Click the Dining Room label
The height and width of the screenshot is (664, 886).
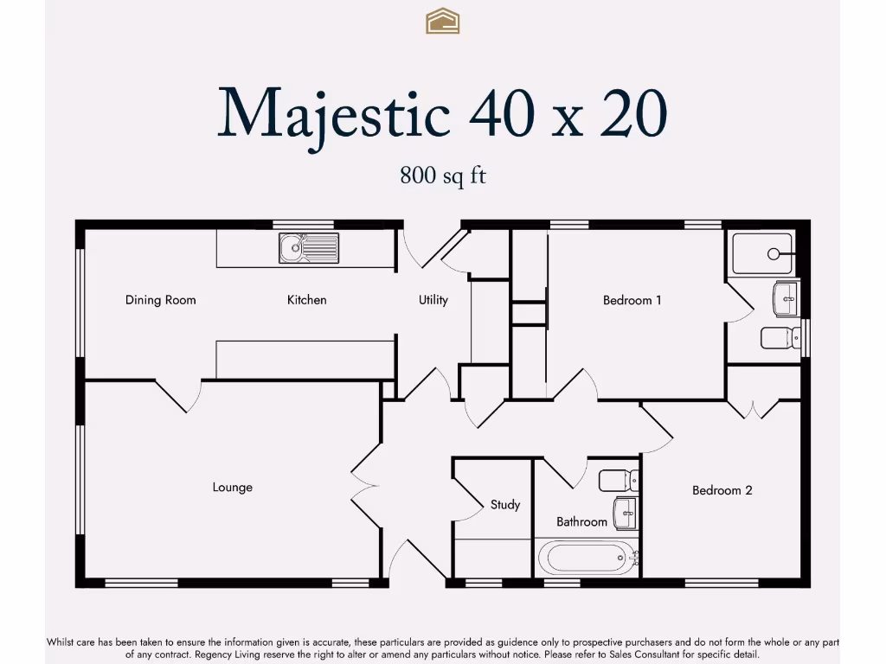[x=161, y=300]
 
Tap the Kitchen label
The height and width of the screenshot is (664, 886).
[x=307, y=300]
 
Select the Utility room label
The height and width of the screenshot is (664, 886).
[x=433, y=300]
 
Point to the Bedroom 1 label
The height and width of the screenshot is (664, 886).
[x=632, y=300]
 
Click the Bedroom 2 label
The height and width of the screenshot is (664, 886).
[x=722, y=490]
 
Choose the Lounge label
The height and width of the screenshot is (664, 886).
[x=233, y=488]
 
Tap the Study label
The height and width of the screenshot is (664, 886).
[x=505, y=504]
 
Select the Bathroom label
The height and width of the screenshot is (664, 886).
[x=581, y=522]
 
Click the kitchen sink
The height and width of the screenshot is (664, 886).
[x=309, y=248]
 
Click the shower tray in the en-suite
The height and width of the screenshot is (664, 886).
[x=762, y=254]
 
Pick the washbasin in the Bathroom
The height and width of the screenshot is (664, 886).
[x=625, y=513]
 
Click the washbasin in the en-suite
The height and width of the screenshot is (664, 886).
[x=786, y=299]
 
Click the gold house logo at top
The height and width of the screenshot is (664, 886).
[x=443, y=21]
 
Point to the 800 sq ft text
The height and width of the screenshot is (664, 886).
[x=443, y=176]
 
